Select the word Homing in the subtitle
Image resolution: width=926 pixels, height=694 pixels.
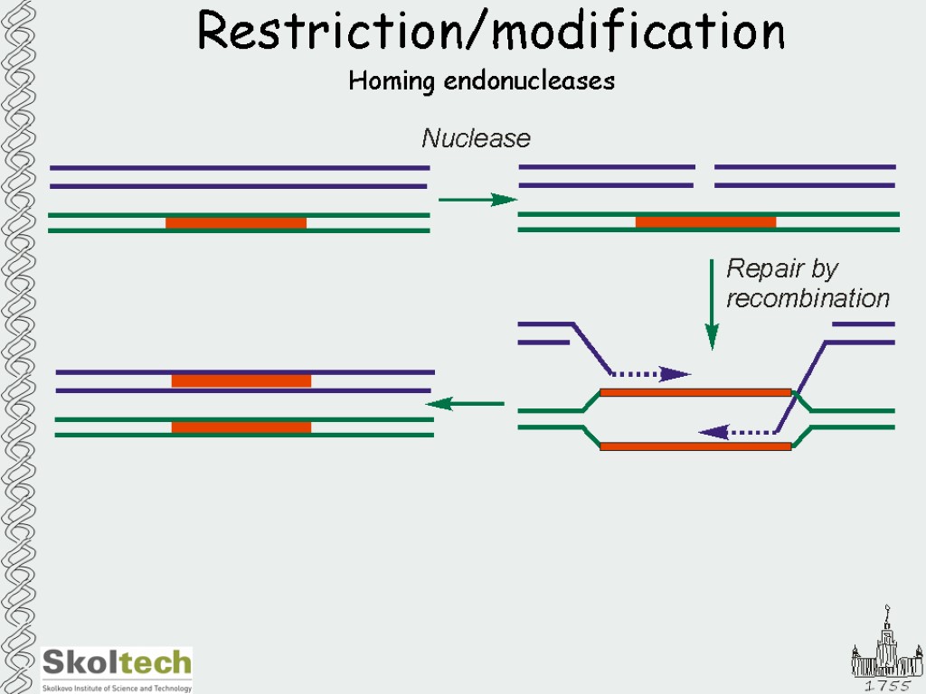click(x=392, y=81)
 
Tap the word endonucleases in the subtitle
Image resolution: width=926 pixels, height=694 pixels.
click(x=529, y=80)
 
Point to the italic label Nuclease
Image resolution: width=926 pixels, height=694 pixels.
click(x=476, y=138)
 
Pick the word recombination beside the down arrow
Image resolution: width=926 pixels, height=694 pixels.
click(x=808, y=298)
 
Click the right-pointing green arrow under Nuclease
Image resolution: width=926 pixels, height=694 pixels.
click(x=477, y=200)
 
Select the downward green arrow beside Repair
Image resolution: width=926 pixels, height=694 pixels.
click(x=713, y=304)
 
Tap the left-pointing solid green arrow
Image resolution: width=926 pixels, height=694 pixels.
click(x=465, y=404)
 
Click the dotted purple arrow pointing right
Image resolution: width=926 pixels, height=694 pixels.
click(x=651, y=373)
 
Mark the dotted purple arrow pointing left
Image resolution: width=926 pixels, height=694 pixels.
click(x=737, y=433)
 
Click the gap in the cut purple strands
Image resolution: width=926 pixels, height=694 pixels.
click(x=704, y=176)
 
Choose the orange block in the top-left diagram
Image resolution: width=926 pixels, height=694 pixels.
click(x=236, y=222)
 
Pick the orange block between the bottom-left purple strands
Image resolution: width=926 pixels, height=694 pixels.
click(x=241, y=381)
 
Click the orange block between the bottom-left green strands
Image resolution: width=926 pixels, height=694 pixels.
click(x=241, y=427)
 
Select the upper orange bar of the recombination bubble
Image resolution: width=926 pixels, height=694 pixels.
click(x=695, y=392)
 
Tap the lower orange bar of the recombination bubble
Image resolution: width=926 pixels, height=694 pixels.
click(x=695, y=446)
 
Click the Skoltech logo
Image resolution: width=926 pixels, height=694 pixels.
click(x=117, y=670)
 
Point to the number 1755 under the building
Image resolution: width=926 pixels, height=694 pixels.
click(x=887, y=685)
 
